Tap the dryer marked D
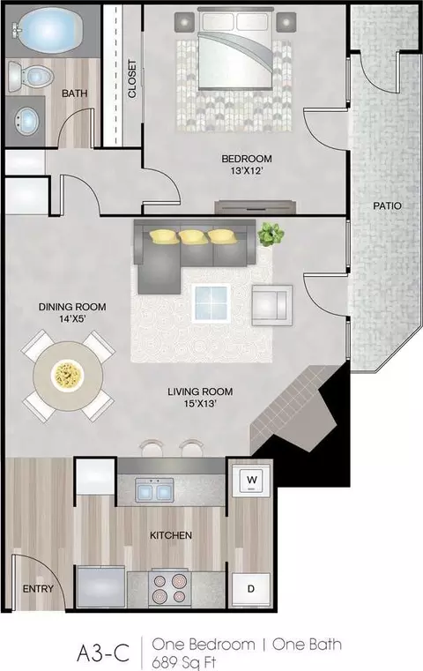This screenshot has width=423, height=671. (251, 589)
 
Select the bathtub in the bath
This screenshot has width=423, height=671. (48, 31)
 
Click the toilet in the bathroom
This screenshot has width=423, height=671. (30, 77)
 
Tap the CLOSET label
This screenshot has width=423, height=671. (132, 78)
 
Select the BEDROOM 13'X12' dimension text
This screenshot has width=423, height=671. (247, 165)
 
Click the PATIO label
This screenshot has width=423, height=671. (387, 205)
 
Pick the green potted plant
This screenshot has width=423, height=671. (271, 234)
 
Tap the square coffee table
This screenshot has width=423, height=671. (211, 302)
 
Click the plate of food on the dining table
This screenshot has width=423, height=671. (68, 376)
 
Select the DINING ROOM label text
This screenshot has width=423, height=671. (72, 307)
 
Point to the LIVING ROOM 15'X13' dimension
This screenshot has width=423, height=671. (200, 397)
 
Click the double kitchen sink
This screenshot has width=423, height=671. (154, 489)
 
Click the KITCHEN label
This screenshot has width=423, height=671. (171, 535)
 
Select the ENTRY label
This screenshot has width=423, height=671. (38, 589)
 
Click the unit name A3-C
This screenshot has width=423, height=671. (103, 653)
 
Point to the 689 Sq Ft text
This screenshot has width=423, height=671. (184, 662)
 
